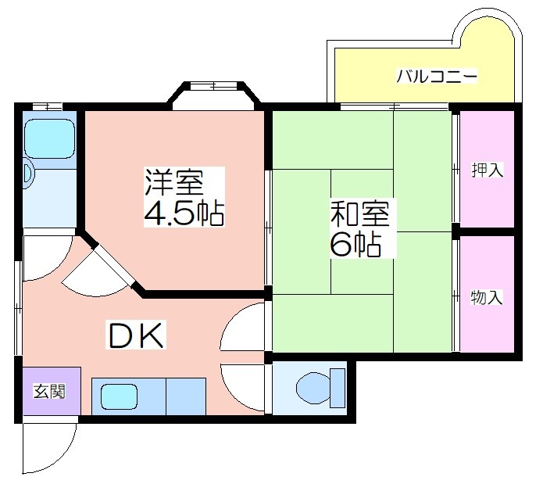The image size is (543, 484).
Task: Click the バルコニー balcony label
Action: click(x=436, y=76)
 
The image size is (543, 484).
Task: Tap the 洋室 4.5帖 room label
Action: click(x=184, y=197)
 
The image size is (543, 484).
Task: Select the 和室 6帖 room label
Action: click(x=360, y=228)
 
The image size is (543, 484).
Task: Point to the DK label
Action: click(x=136, y=335)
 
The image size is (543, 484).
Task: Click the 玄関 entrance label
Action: click(x=49, y=391)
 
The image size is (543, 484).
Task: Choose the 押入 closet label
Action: click(x=487, y=170)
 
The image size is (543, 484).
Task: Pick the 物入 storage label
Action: click(x=487, y=297)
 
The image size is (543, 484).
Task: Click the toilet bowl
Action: click(x=313, y=388)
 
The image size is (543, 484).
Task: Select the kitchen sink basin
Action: click(x=119, y=396)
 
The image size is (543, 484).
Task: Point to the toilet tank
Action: click(x=338, y=388)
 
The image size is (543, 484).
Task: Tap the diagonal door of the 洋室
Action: click(x=114, y=265)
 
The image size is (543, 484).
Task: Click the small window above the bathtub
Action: click(x=47, y=106)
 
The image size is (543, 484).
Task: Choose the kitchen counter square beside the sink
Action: click(x=186, y=396)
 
